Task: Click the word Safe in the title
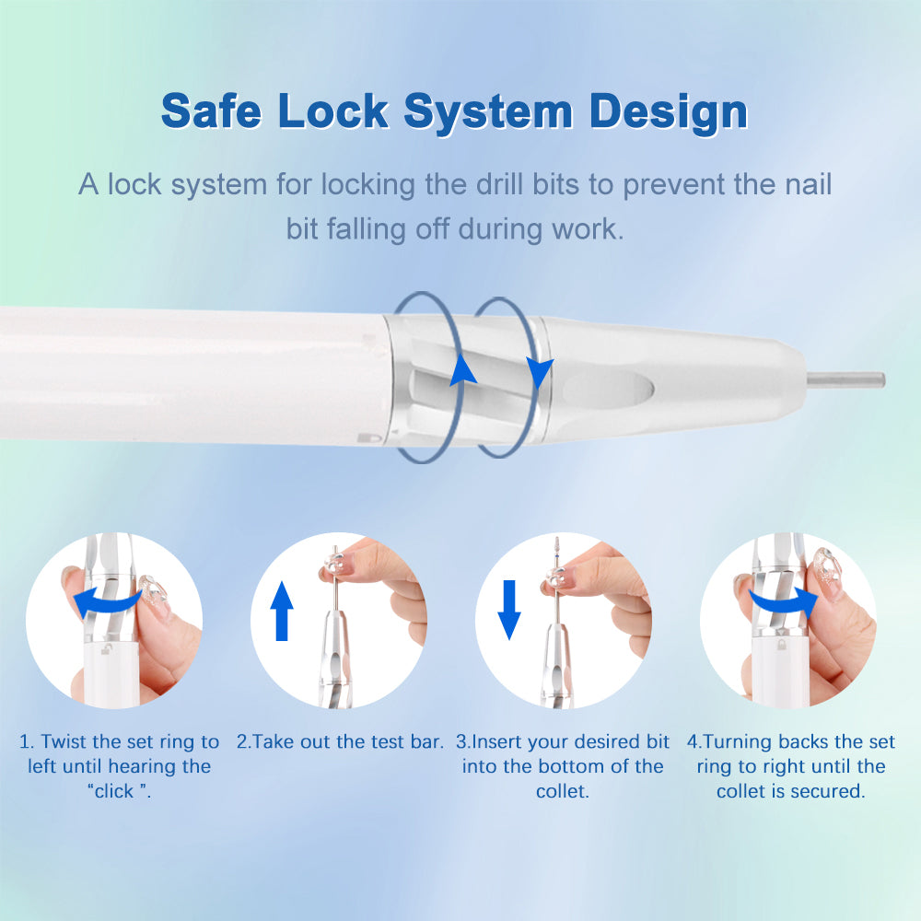tap(211, 111)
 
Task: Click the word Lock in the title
tap(332, 111)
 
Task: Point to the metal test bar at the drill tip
tap(845, 380)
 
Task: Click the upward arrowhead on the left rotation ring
tap(463, 369)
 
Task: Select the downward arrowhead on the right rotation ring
tap(539, 373)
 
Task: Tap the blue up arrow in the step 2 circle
tap(282, 611)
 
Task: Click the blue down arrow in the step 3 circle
tap(509, 610)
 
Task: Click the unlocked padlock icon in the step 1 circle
tap(106, 649)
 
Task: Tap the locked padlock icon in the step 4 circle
tap(782, 645)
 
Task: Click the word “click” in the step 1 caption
tap(114, 791)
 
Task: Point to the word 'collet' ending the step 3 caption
tap(562, 791)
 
